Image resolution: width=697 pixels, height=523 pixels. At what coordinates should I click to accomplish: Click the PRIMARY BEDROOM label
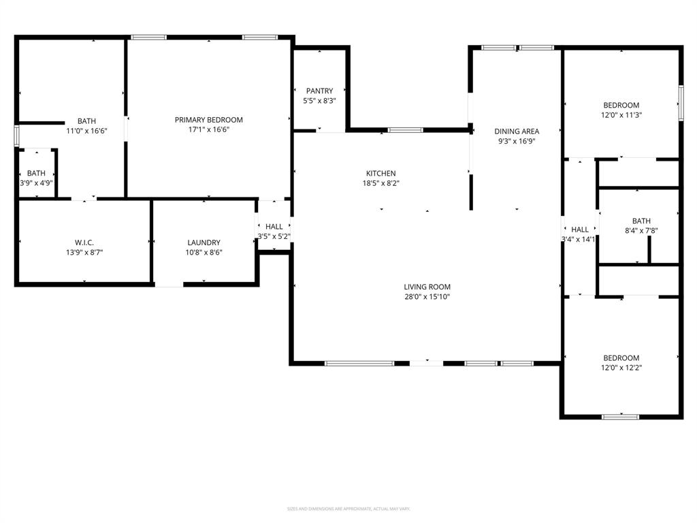click(x=208, y=120)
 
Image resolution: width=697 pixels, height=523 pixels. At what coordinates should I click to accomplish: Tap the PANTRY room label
click(x=319, y=91)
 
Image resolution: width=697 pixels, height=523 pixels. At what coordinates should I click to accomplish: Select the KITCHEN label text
click(x=380, y=174)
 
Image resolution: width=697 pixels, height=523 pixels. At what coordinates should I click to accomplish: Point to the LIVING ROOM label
click(x=427, y=287)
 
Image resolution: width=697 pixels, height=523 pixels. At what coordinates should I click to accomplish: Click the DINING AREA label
click(x=517, y=131)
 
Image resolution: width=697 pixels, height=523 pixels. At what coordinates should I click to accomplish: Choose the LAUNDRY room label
click(x=204, y=242)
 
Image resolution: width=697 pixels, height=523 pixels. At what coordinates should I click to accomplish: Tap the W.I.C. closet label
click(x=84, y=242)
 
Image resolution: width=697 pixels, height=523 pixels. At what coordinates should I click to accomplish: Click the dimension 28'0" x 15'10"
click(x=427, y=297)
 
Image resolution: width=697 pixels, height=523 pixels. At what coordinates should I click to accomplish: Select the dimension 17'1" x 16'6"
click(x=208, y=129)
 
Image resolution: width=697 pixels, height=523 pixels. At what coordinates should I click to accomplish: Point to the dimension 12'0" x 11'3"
click(x=621, y=115)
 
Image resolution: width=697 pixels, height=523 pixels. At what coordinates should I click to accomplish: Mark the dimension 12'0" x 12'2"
click(x=621, y=368)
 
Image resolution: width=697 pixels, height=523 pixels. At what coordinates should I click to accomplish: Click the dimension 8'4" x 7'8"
click(x=641, y=230)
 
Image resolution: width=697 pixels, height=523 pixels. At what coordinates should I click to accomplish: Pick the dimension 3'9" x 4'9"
click(x=36, y=183)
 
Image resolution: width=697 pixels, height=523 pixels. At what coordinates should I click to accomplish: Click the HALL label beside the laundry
click(x=274, y=227)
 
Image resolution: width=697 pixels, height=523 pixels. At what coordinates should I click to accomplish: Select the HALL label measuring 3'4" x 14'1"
click(x=580, y=229)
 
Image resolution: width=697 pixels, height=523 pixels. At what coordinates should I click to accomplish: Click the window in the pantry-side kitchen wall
click(x=405, y=130)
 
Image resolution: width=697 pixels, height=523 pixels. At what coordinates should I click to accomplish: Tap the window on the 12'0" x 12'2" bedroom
click(x=620, y=416)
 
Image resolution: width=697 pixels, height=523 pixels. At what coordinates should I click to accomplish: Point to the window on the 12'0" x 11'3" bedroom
click(x=680, y=103)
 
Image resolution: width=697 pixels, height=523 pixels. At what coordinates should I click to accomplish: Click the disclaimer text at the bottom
click(x=348, y=509)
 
